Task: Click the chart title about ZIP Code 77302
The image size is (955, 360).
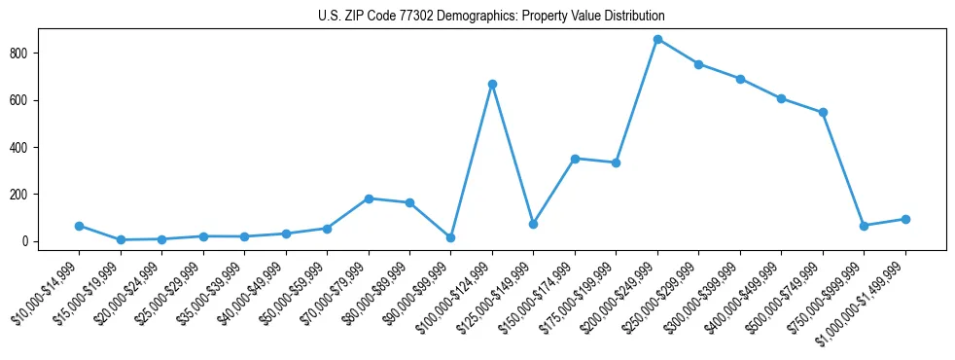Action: point(491,16)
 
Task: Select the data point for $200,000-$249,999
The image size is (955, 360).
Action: point(657,40)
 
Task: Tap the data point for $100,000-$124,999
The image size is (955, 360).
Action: point(492,85)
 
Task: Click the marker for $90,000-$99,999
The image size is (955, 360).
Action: point(451,237)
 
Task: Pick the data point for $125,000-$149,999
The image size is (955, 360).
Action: point(533,224)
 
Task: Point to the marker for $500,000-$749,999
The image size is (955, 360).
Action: point(823,112)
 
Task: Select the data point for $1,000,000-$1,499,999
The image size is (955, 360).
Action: point(905,219)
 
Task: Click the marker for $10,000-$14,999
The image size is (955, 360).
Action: point(79,226)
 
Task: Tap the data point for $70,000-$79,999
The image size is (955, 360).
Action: point(369,198)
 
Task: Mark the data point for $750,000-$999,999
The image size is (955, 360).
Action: point(864,226)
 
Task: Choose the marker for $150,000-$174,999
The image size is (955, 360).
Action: point(575,159)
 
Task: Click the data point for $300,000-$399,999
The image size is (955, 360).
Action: point(740,79)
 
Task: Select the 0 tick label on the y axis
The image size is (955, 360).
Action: point(32,241)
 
